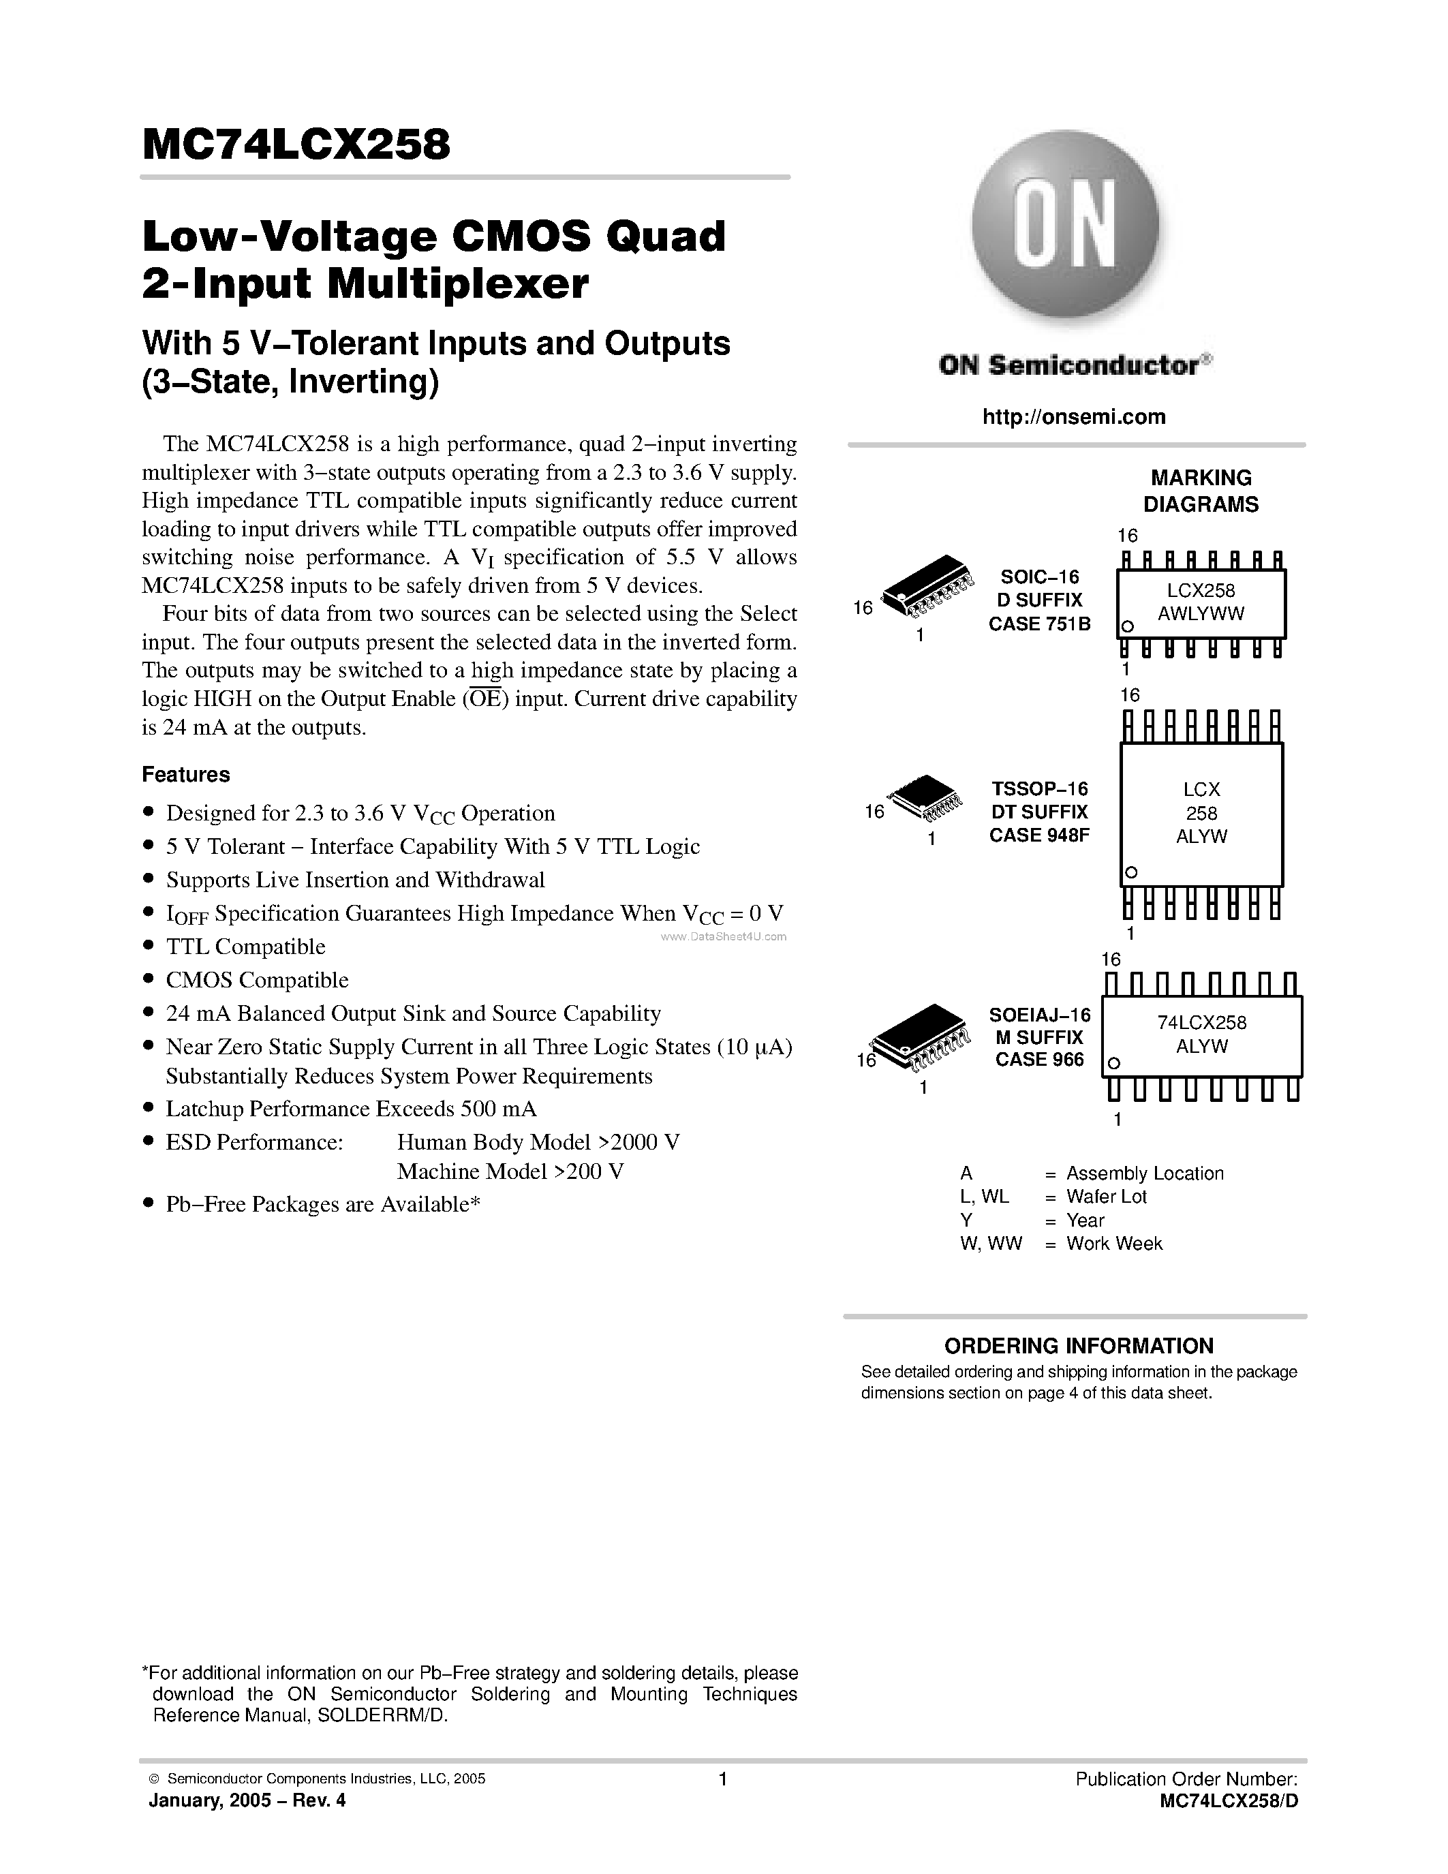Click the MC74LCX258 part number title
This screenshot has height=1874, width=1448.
(296, 144)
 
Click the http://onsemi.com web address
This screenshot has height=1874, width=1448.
(1073, 417)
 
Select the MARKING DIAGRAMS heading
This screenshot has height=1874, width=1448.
(1200, 491)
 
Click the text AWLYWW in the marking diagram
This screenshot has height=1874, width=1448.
(1200, 613)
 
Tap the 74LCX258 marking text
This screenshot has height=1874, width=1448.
(1201, 1022)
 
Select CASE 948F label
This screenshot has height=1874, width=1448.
(1039, 835)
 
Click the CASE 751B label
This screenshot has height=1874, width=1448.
(1039, 624)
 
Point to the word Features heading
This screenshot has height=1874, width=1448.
(186, 774)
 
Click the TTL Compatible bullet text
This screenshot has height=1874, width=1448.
(245, 947)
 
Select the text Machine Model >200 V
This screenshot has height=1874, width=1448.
(510, 1171)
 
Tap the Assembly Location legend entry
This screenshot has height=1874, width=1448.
(1144, 1173)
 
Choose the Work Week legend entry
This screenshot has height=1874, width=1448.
(1113, 1244)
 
